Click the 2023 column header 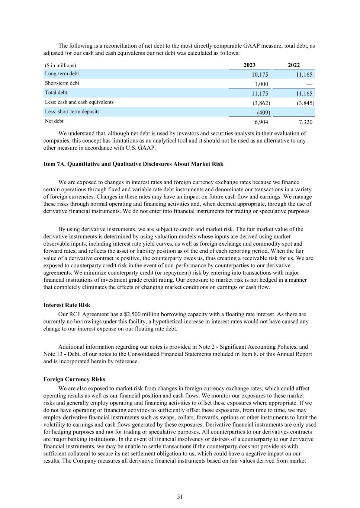pos(250,65)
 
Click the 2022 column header pos(294,65)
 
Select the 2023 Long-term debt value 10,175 pos(260,74)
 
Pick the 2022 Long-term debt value pos(304,74)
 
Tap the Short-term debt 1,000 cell pos(261,84)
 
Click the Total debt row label pos(56,93)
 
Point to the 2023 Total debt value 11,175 pos(260,93)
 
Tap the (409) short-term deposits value pos(263,112)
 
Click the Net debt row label pos(54,121)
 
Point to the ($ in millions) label pos(60,66)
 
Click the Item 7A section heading pos(133,164)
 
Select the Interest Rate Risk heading pos(67,305)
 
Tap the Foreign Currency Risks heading pos(74,379)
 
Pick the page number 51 pos(180,496)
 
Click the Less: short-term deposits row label pos(72,112)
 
